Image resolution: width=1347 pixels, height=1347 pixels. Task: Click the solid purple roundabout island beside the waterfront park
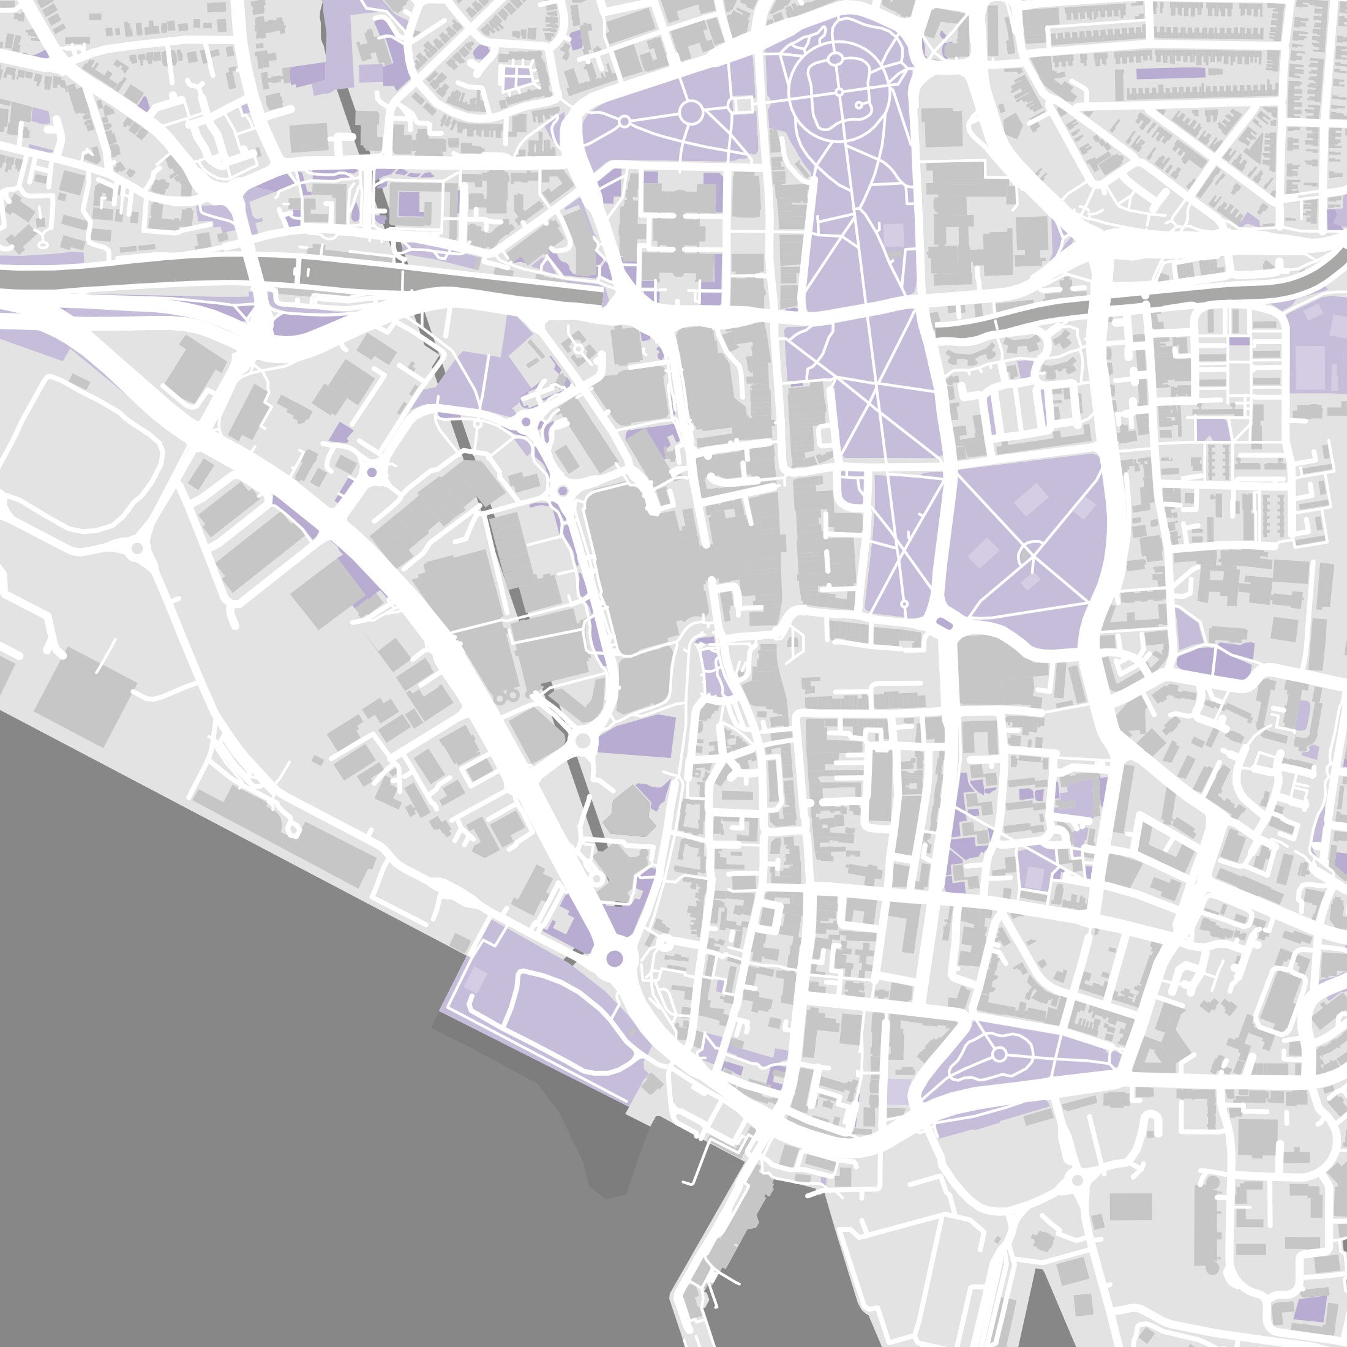pos(614,958)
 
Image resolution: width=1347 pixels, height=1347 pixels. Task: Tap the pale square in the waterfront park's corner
pos(476,980)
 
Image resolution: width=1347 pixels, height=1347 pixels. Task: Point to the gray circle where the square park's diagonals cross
pos(1030,555)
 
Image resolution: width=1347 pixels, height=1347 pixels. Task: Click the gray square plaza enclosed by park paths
pos(743,105)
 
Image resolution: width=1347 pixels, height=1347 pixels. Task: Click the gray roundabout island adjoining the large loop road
pos(137,549)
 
